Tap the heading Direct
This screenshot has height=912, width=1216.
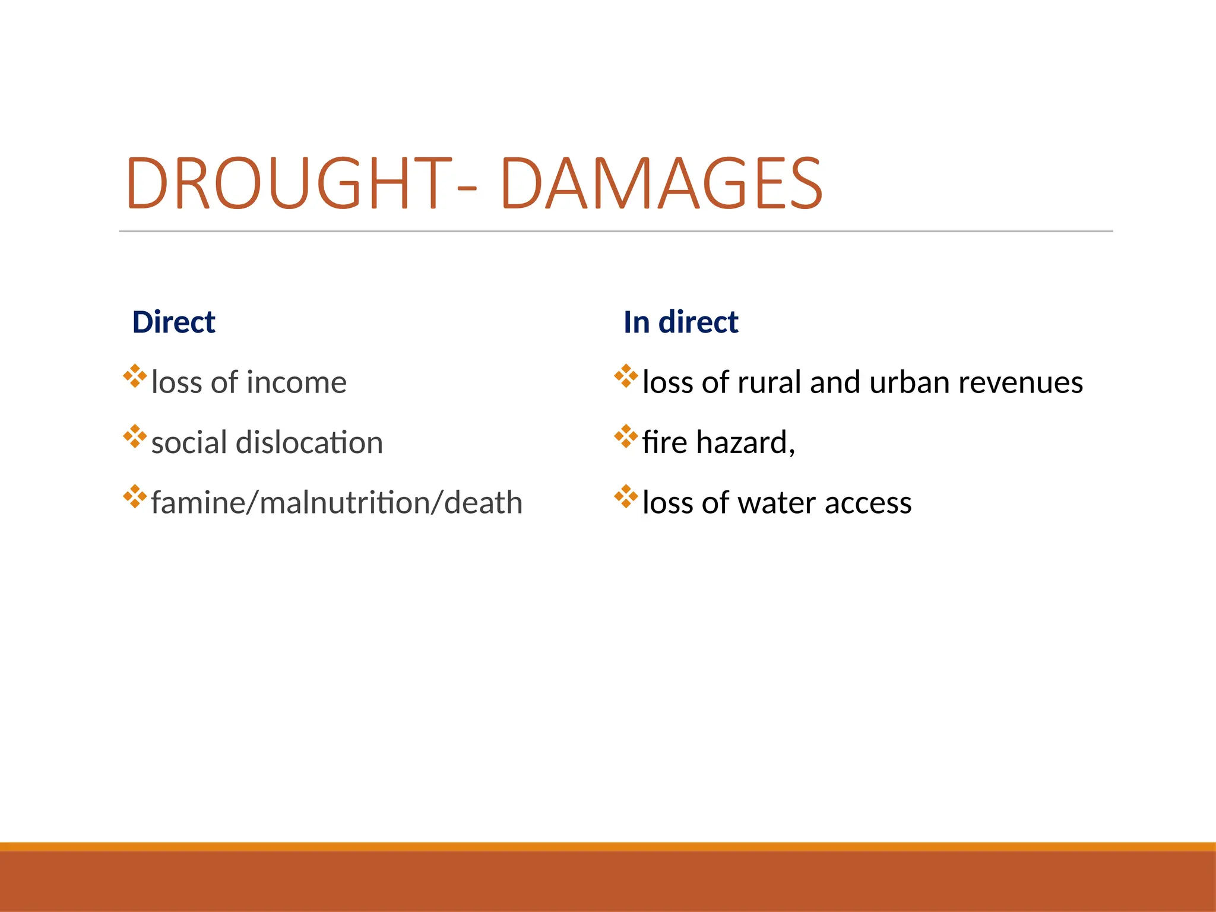click(173, 322)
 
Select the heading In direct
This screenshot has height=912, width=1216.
click(680, 322)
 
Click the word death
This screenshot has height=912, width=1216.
click(483, 503)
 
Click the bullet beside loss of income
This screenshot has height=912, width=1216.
click(135, 376)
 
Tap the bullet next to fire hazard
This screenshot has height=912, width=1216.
click(626, 436)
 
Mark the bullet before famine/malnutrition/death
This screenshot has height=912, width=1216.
click(135, 497)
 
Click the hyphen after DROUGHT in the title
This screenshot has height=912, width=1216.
click(467, 189)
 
